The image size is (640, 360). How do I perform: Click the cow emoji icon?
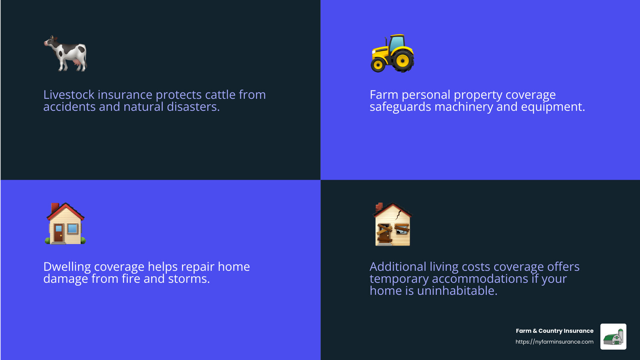[66, 54]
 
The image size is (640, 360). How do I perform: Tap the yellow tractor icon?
[392, 54]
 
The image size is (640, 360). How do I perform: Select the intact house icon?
[66, 224]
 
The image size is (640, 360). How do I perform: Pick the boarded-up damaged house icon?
[392, 224]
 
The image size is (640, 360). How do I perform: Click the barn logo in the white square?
[613, 337]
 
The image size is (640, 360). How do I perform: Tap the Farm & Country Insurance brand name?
[554, 331]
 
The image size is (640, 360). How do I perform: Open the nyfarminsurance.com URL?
[554, 342]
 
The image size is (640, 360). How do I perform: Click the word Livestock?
[69, 95]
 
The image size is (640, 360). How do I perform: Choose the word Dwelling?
[67, 267]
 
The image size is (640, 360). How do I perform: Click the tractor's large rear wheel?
[402, 61]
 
